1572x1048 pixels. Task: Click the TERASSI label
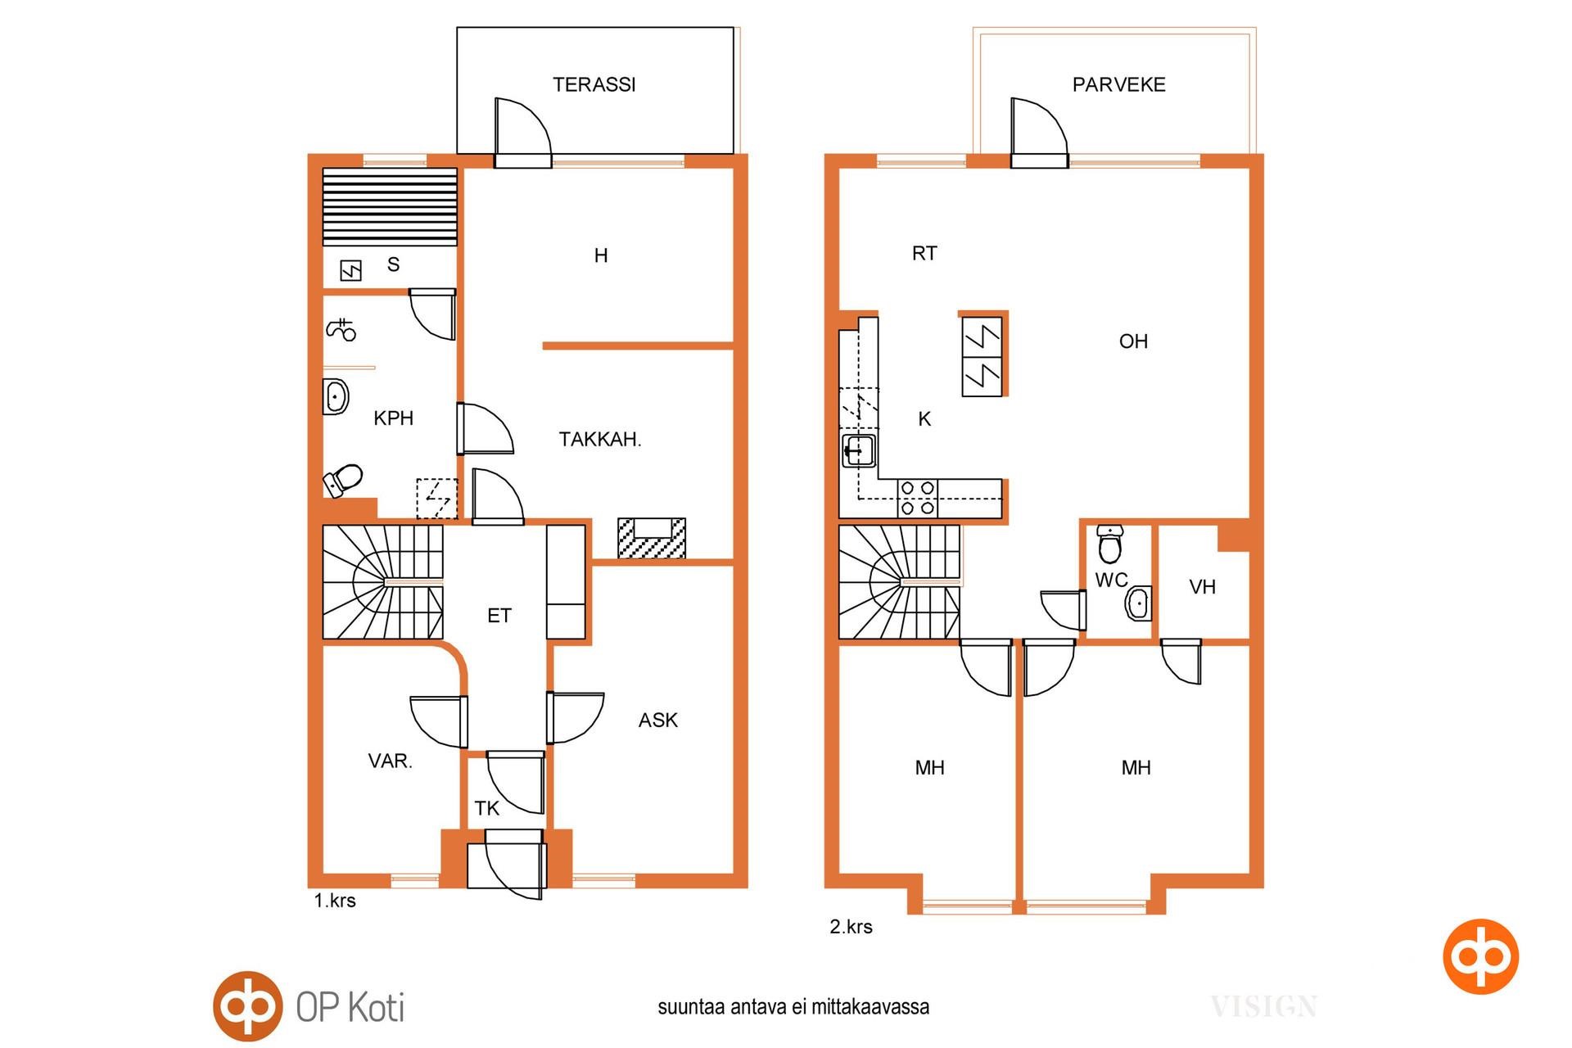tap(594, 84)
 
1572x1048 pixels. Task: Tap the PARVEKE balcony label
tap(1118, 84)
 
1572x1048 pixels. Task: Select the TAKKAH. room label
tap(600, 440)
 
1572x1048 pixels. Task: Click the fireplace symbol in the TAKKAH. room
tap(652, 538)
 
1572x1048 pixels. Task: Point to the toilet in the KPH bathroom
tap(343, 480)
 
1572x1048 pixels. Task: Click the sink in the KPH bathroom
tap(336, 397)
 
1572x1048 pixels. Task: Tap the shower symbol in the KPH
tap(341, 329)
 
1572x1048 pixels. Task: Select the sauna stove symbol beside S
tap(350, 270)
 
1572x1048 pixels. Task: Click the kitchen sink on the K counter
tap(858, 450)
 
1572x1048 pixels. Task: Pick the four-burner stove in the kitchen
tap(917, 498)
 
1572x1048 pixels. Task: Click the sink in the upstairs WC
tap(1139, 604)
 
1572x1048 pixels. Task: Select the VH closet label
tap(1202, 587)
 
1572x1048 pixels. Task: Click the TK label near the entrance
tap(486, 809)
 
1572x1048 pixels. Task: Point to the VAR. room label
tap(391, 761)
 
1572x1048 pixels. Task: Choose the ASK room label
tap(658, 720)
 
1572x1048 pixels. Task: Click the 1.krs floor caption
tap(335, 901)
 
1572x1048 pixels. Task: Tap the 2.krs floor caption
tap(851, 927)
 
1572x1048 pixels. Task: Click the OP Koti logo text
tap(350, 1007)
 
